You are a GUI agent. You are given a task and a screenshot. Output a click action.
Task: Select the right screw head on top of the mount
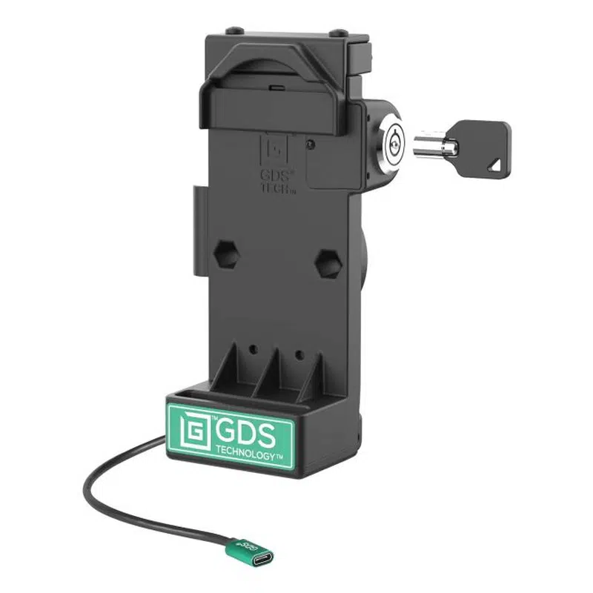click(339, 33)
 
